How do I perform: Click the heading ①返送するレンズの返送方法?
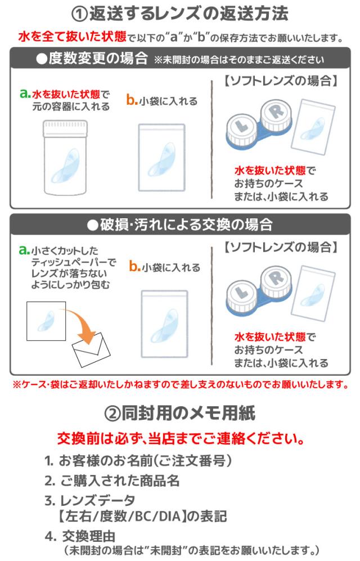[x=180, y=14]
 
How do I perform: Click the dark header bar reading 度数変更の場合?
[x=180, y=59]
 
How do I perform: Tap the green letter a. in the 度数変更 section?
[x=24, y=94]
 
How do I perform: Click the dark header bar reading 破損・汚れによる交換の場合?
[x=180, y=225]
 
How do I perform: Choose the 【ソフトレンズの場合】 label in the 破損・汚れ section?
[x=280, y=246]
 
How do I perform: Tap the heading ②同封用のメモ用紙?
[x=180, y=414]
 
